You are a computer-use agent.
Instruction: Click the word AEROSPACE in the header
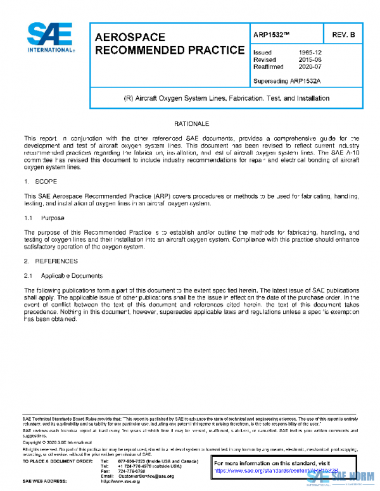(x=130, y=37)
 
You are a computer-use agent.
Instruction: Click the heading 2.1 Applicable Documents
(x=63, y=276)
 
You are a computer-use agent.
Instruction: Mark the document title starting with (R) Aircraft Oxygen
(x=226, y=99)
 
